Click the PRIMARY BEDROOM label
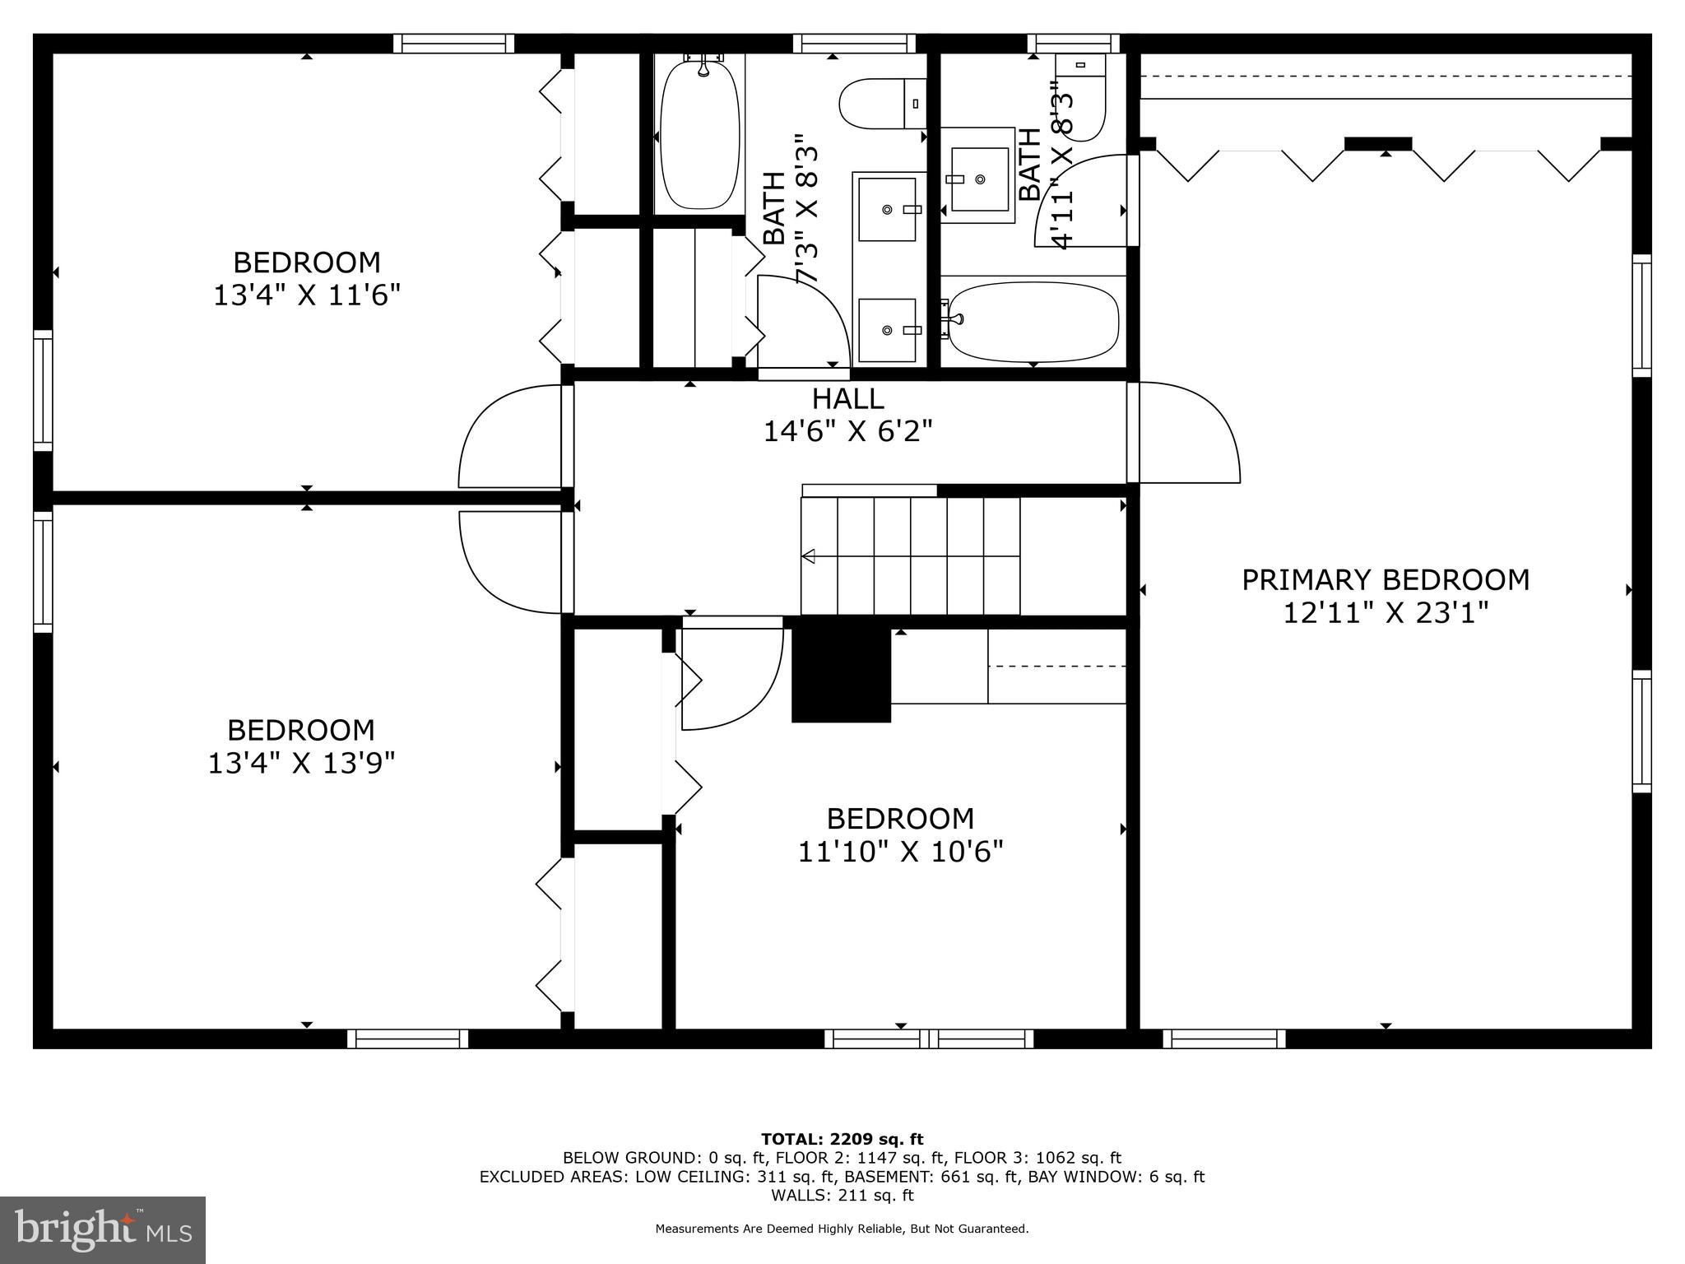[1385, 580]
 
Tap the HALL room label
[847, 399]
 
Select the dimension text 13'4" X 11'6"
[306, 295]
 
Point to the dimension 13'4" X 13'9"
[301, 764]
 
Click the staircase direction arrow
[808, 557]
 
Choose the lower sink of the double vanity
[887, 329]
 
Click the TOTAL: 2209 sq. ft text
[842, 1140]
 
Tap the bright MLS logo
[102, 1229]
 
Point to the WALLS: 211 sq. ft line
[842, 1195]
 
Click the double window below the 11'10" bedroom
[929, 1039]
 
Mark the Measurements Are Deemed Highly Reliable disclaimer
[842, 1229]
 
